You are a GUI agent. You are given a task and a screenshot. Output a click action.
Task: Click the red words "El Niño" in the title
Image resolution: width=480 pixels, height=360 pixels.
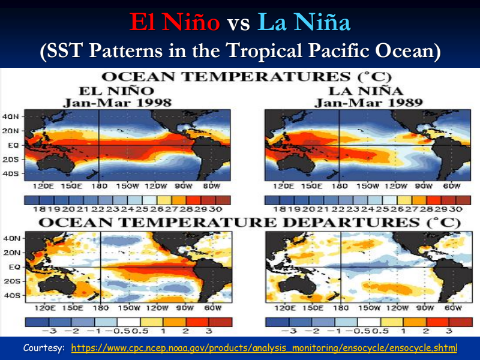point(175,23)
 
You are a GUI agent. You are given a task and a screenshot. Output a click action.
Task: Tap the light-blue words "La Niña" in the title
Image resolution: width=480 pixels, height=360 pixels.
point(304,23)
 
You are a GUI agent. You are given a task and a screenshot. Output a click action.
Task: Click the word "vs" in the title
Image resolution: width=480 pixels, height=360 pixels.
point(239,24)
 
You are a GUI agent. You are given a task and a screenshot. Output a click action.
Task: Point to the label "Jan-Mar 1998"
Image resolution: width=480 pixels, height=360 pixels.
point(118,103)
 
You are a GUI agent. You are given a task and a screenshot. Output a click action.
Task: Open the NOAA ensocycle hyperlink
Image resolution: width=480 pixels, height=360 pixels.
point(264,348)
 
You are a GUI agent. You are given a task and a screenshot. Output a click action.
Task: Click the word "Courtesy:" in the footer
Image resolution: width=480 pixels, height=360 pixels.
point(44,348)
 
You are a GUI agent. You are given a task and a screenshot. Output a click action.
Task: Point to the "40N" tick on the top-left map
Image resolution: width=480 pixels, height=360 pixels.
point(11,116)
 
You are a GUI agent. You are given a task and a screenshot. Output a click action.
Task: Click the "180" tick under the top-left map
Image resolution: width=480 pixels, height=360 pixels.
point(98,186)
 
